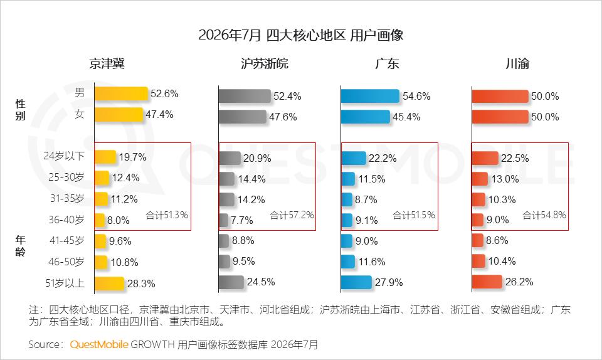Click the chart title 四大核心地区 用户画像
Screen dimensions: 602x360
pos(334,35)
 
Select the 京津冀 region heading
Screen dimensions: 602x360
pos(107,64)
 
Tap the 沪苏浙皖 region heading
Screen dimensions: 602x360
pos(265,64)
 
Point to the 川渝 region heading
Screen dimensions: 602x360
pos(517,64)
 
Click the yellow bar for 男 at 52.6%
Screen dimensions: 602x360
pos(121,93)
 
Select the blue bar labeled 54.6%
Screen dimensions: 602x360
pos(370,96)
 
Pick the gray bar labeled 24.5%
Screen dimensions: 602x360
pos(231,282)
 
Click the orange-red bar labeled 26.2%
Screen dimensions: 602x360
pos(487,282)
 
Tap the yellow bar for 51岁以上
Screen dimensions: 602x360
pos(109,283)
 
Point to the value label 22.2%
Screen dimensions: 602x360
pos(383,158)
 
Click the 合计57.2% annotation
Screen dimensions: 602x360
pos(292,215)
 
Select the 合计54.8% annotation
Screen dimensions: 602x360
pos(544,215)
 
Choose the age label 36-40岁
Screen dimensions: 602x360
pos(66,220)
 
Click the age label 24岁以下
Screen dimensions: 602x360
pos(64,156)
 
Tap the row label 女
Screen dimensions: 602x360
pos(80,114)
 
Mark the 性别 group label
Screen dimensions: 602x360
pos(20,109)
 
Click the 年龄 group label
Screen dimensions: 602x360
pos(20,246)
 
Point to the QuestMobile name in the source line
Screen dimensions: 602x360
pos(99,344)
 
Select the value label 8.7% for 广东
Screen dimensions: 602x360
pos(366,199)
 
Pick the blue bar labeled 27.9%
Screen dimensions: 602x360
pos(356,282)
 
